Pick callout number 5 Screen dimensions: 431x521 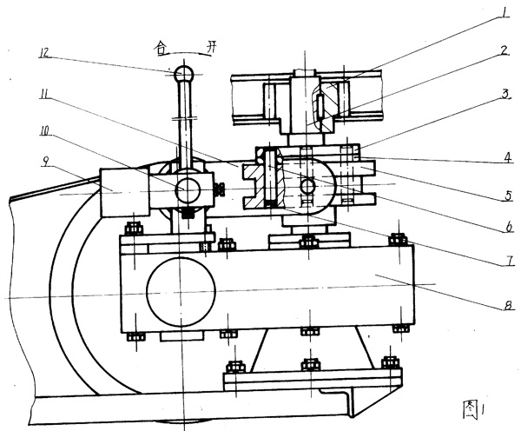(502, 196)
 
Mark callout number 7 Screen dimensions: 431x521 (501, 258)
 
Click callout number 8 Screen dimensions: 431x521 (503, 304)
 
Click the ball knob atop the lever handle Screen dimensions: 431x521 (183, 73)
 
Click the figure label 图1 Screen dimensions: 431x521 (474, 406)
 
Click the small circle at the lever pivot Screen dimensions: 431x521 (188, 189)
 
